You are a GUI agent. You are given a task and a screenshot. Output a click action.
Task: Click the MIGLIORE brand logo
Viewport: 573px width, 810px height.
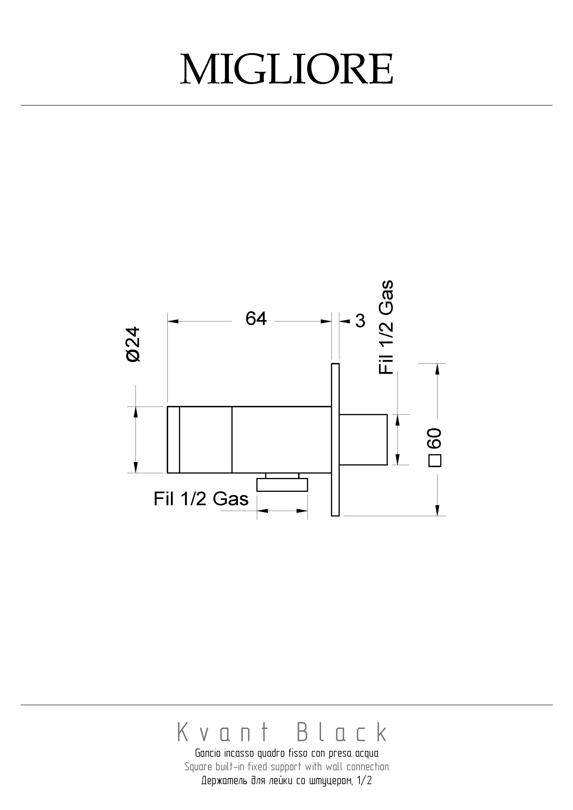tap(286, 69)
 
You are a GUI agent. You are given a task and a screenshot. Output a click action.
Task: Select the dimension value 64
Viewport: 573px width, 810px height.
tap(256, 319)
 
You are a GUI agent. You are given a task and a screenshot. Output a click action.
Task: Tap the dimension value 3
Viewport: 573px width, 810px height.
tap(360, 321)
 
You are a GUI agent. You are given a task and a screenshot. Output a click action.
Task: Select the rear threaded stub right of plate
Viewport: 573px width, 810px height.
tap(364, 440)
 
